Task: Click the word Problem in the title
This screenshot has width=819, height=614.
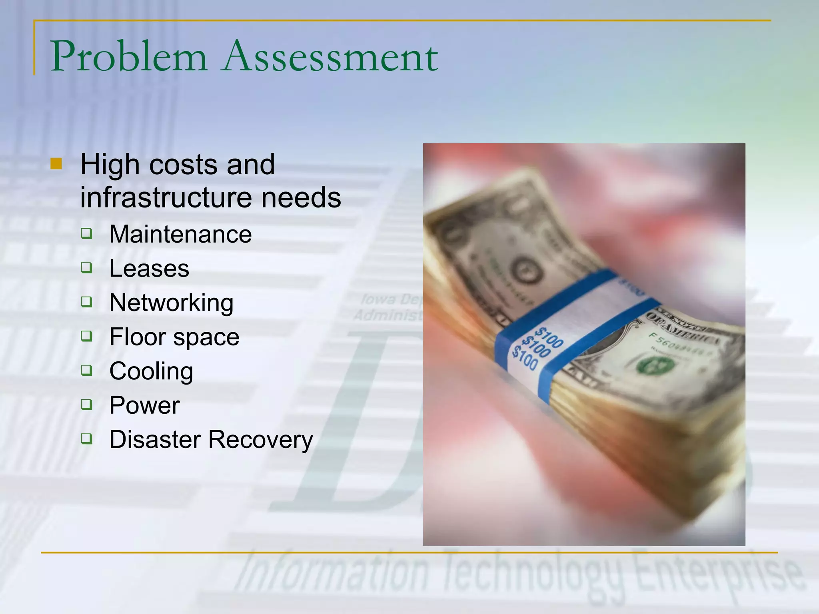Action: click(x=129, y=57)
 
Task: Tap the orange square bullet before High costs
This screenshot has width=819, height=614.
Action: click(x=56, y=164)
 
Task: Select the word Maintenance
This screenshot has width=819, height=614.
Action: click(x=180, y=234)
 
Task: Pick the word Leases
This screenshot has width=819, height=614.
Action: click(x=149, y=268)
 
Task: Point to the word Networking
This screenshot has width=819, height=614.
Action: click(x=172, y=303)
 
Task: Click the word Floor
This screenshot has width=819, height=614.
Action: click(x=137, y=337)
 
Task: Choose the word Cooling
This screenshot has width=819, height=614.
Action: click(x=151, y=371)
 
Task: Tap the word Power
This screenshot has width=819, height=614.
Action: click(x=144, y=405)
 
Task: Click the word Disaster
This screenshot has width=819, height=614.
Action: click(x=155, y=440)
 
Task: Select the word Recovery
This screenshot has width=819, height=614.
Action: click(x=261, y=440)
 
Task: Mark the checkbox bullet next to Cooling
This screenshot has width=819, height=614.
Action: click(x=86, y=370)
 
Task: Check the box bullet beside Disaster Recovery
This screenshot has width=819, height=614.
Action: click(x=86, y=439)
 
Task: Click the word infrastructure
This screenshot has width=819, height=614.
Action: click(x=166, y=197)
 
